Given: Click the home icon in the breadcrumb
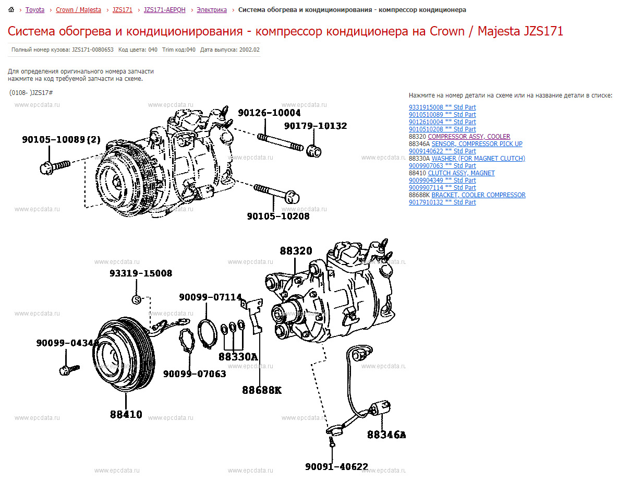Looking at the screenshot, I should (11, 10).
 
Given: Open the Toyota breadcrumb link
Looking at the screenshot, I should (35, 10).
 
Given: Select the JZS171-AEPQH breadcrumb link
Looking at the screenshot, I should (164, 10).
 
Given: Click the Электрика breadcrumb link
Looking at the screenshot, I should (212, 10).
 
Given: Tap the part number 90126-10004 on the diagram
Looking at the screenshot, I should (269, 113).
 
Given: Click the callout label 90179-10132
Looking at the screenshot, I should (315, 126).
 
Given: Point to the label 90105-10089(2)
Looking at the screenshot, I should (62, 139).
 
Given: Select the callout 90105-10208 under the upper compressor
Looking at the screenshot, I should (278, 216).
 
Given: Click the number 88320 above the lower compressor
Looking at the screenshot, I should (296, 251).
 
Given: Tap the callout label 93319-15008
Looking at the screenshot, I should (140, 273).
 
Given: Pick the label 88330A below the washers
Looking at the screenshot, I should (238, 357).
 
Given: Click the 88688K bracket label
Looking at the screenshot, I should (261, 390).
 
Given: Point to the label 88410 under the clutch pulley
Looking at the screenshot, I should (126, 415).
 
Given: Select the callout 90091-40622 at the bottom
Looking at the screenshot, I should (336, 467).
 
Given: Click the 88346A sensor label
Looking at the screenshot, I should (386, 435).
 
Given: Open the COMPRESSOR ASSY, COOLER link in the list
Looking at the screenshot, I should (469, 137).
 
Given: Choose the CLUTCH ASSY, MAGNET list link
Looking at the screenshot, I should (461, 173).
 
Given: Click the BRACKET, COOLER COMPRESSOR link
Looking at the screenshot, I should (478, 195).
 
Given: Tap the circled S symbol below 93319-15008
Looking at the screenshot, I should (136, 299).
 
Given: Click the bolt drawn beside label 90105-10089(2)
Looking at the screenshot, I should (54, 166).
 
